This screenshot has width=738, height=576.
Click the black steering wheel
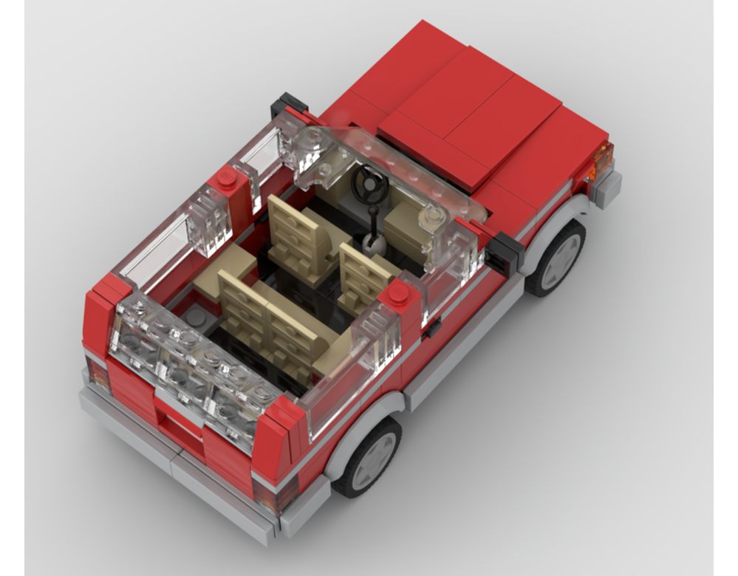click(x=367, y=182)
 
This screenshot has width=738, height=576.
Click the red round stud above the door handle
click(x=398, y=292)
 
